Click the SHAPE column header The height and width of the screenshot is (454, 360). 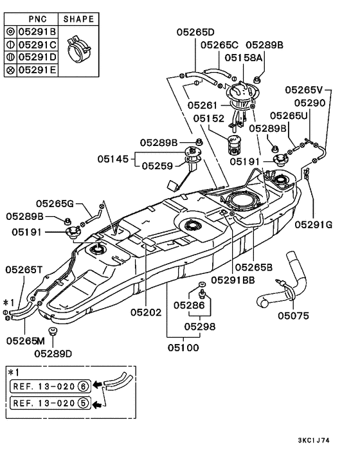(x=78, y=19)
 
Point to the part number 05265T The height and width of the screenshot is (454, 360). (x=24, y=270)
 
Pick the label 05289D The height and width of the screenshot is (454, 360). (x=53, y=352)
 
